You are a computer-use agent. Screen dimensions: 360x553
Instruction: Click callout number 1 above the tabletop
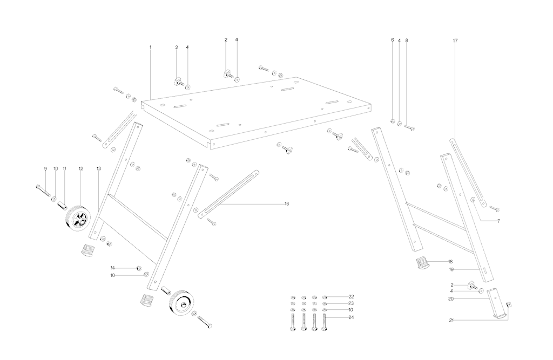(150, 47)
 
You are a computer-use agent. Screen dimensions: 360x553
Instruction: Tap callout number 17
(455, 40)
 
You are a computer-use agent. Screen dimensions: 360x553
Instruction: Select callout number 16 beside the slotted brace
(287, 203)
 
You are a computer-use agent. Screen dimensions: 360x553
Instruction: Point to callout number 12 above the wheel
(80, 169)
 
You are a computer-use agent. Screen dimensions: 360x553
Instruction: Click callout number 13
(98, 169)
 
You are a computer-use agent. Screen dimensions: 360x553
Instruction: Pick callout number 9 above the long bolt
(45, 169)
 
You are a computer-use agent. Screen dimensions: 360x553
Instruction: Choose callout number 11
(64, 169)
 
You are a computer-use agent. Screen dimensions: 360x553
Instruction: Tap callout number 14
(112, 268)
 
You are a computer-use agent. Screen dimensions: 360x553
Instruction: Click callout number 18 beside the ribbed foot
(450, 261)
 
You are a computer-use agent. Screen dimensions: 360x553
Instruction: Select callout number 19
(450, 269)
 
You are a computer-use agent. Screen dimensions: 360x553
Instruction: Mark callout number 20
(450, 298)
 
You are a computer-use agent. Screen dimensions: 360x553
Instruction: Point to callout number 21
(450, 320)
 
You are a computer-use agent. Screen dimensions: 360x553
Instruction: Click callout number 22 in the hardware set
(350, 297)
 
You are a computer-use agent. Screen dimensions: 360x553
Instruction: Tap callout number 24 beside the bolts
(350, 317)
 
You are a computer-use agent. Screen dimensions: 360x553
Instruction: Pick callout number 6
(393, 40)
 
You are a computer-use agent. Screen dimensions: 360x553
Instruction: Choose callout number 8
(407, 40)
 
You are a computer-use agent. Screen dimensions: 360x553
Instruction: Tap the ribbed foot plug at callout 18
(423, 263)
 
